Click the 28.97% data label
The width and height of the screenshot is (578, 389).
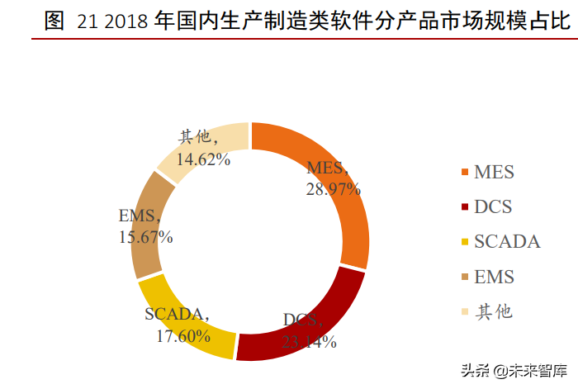coord(333,189)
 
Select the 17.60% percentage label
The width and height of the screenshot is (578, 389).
coord(181,335)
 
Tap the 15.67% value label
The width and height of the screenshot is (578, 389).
coord(145,238)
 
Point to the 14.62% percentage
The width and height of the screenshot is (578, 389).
coord(204,159)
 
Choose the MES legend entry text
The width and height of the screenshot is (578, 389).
coord(494,173)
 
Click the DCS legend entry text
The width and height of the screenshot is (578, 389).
coord(493,207)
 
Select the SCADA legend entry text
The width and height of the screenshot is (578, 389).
coord(507,242)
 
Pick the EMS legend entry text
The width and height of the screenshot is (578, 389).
coord(494,277)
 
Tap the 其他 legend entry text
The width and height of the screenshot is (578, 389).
coord(494,311)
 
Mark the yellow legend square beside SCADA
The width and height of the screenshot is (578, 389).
coord(465,243)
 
